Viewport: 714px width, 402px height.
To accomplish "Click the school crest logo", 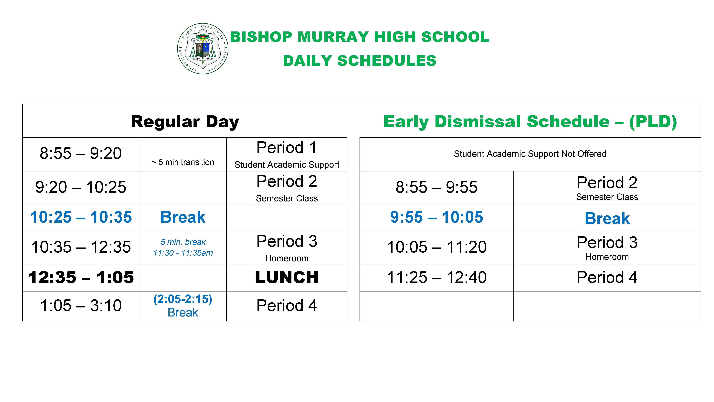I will click(203, 49).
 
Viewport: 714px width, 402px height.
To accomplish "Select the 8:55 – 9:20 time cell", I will click(81, 153).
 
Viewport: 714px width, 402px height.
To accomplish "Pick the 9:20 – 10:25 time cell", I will click(81, 187).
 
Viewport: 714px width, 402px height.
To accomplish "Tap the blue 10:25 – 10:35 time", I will click(81, 217).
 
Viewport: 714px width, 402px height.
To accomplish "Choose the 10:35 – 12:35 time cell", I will click(81, 247).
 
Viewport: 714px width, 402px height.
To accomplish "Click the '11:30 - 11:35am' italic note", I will click(183, 253).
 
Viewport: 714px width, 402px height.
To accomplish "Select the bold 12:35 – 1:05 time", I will click(81, 277).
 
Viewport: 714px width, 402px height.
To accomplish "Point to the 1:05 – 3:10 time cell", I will click(81, 306).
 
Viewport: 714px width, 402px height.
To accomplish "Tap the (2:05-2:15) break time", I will click(183, 299).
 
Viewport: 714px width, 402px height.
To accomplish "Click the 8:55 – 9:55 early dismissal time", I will click(436, 187).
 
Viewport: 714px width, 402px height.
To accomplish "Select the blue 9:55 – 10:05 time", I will click(436, 217).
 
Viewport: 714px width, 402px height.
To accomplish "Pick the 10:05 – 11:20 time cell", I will click(436, 247).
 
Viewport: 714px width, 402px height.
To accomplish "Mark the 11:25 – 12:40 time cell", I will click(436, 277).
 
